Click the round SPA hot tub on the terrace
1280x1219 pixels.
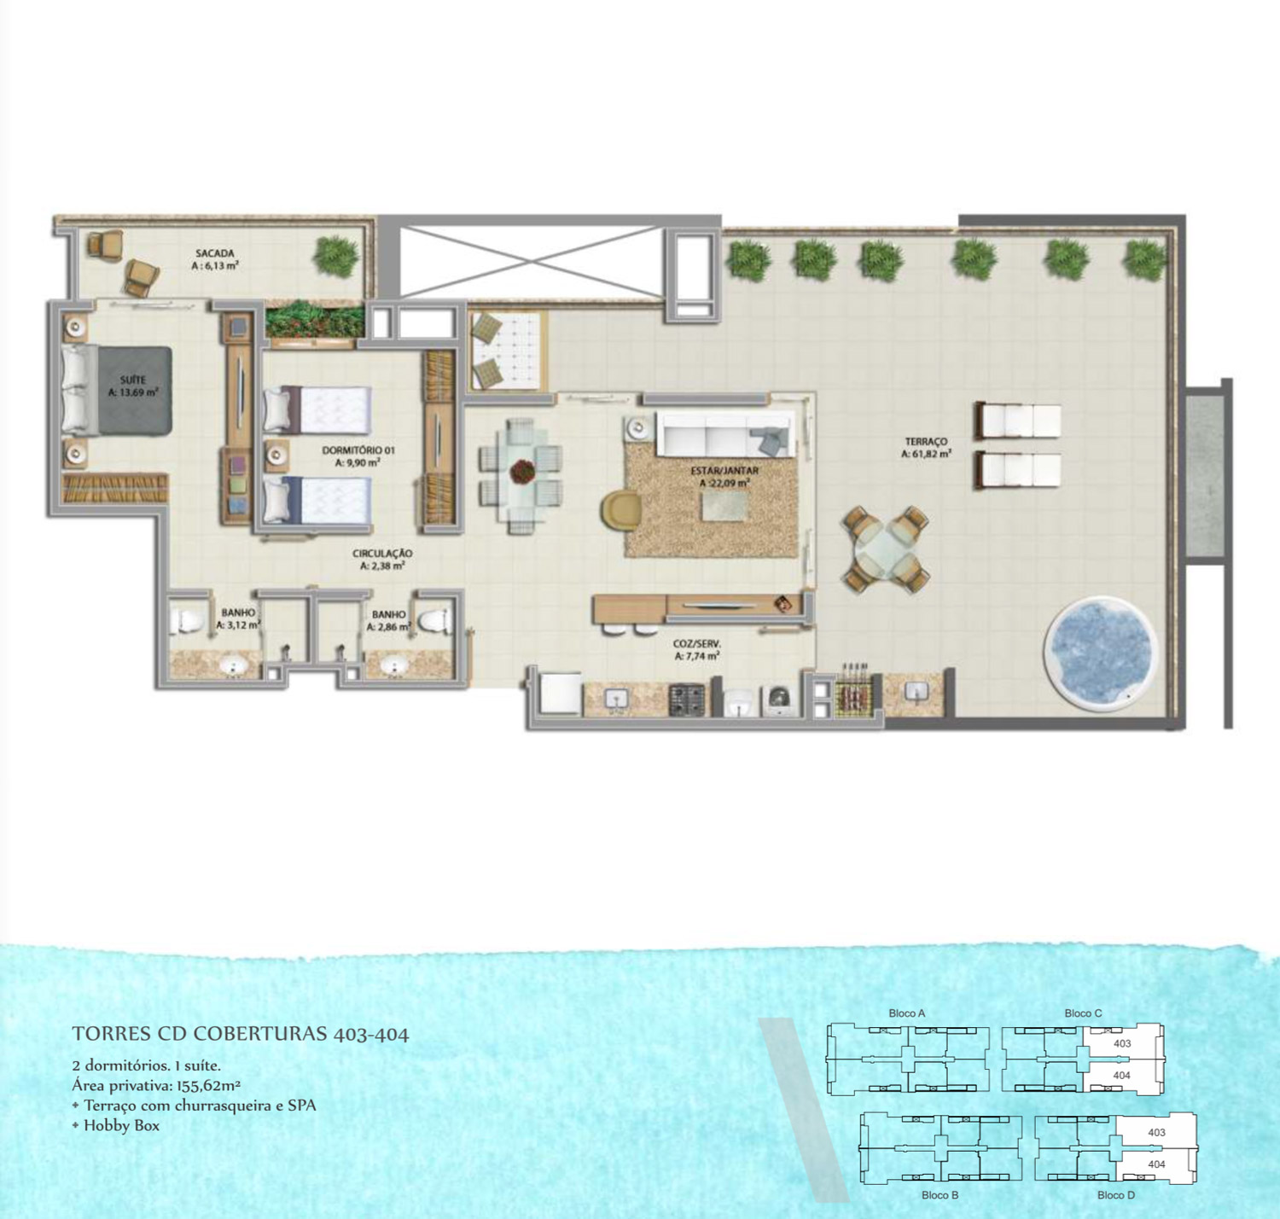click(1101, 653)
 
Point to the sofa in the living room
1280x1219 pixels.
click(725, 434)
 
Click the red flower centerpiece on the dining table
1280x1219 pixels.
click(522, 470)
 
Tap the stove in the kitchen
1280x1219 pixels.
click(686, 700)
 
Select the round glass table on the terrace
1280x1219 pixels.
click(885, 550)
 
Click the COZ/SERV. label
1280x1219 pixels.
click(696, 644)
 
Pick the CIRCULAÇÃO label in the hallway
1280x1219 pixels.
click(382, 554)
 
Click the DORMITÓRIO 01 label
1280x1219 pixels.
click(358, 450)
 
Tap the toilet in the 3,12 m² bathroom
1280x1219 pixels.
click(187, 622)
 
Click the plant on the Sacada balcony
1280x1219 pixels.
click(336, 255)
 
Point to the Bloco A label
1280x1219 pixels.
click(906, 1013)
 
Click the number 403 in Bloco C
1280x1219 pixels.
click(1122, 1043)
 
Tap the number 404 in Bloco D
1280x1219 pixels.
click(1156, 1164)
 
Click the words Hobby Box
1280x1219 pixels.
click(122, 1125)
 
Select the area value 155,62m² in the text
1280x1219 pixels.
click(208, 1086)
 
